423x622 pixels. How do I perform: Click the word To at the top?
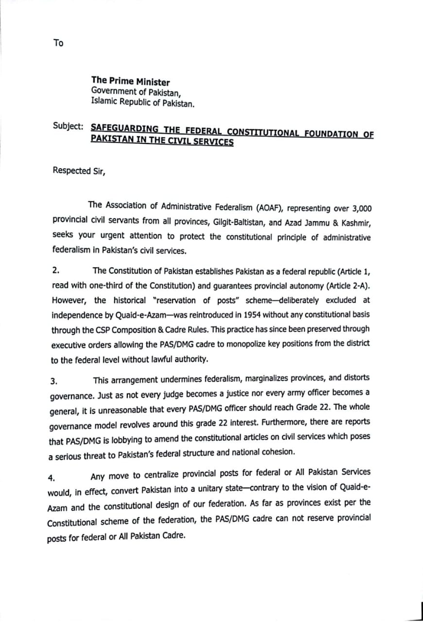click(58, 43)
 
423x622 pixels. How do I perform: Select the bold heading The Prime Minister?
click(130, 82)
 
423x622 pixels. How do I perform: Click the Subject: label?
click(69, 125)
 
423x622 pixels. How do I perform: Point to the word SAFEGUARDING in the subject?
click(124, 129)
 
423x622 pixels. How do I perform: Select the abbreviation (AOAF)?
click(267, 208)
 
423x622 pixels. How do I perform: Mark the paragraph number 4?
click(51, 477)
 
